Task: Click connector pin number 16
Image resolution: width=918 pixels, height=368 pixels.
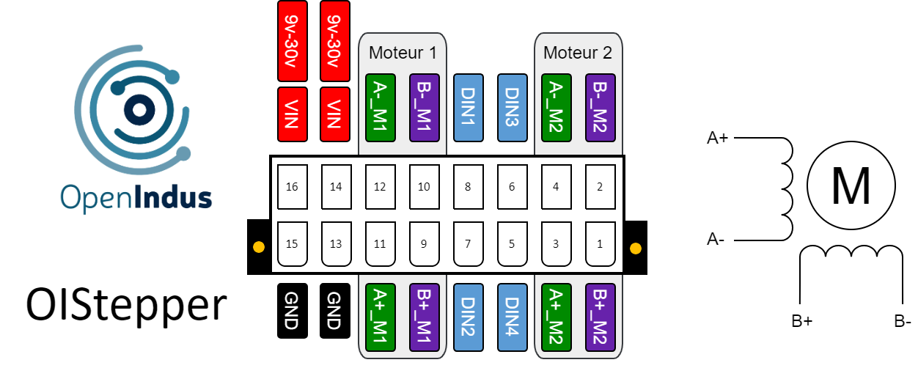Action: [x=292, y=187]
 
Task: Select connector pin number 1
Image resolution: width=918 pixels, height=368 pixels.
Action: [x=600, y=244]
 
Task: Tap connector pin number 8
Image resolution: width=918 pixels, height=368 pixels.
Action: [x=468, y=187]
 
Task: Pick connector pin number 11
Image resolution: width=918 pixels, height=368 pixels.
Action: [x=380, y=244]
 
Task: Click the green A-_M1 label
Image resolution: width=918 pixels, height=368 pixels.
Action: [x=380, y=107]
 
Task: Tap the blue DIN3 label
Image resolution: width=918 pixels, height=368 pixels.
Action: [x=512, y=107]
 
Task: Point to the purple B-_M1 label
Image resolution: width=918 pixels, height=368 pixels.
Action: [x=424, y=107]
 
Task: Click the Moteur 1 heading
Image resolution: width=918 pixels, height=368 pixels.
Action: [x=403, y=53]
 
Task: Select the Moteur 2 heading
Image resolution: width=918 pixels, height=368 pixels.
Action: [x=578, y=53]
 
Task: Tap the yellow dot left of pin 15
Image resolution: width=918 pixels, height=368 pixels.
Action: [x=258, y=247]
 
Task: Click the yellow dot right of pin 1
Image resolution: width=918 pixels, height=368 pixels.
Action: [x=635, y=248]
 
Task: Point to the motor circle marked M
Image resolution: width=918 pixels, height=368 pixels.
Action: [x=851, y=186]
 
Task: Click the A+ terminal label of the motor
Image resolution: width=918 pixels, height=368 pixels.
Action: [x=717, y=138]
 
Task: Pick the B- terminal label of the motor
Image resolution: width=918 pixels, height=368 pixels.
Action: [x=903, y=321]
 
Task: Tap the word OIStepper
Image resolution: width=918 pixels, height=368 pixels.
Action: [x=125, y=306]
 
